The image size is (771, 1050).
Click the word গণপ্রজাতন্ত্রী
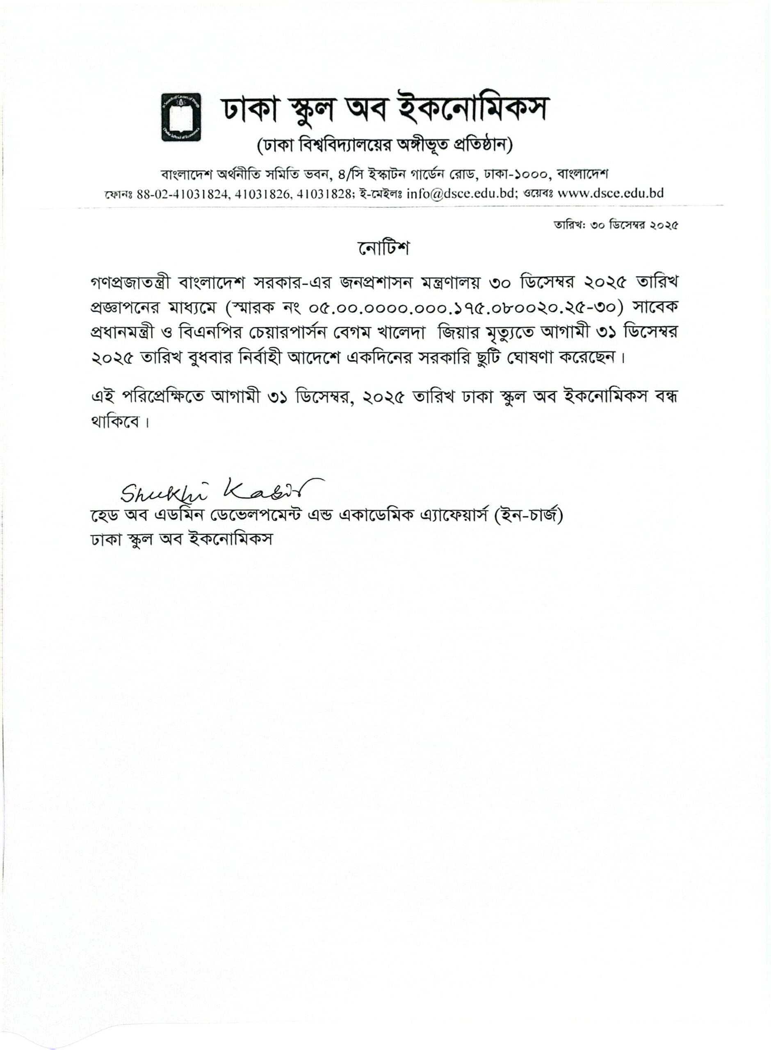point(131,282)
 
